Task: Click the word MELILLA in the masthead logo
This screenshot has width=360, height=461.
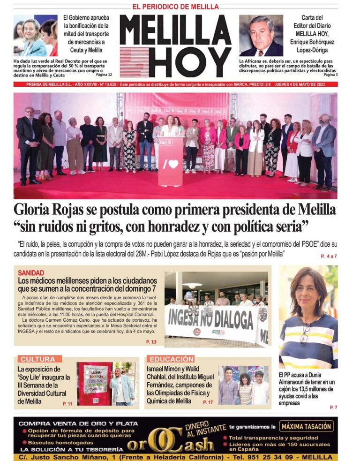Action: click(x=175, y=30)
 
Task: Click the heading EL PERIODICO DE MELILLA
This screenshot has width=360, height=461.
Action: click(x=175, y=7)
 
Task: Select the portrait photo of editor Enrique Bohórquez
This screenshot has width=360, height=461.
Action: click(x=261, y=35)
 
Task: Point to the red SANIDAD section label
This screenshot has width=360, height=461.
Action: click(x=31, y=272)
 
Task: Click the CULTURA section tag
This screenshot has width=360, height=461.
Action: click(x=38, y=359)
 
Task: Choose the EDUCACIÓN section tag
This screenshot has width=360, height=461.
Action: click(x=172, y=359)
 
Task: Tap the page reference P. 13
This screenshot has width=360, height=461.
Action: click(x=151, y=342)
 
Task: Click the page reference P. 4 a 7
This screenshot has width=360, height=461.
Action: click(x=329, y=256)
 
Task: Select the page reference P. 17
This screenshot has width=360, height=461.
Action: click(x=208, y=402)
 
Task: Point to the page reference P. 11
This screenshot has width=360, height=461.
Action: click(x=67, y=403)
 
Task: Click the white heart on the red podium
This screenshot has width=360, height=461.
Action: click(x=173, y=165)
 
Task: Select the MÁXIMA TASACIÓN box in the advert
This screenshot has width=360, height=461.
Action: click(x=307, y=426)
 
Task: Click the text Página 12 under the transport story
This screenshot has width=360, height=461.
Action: click(x=104, y=75)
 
